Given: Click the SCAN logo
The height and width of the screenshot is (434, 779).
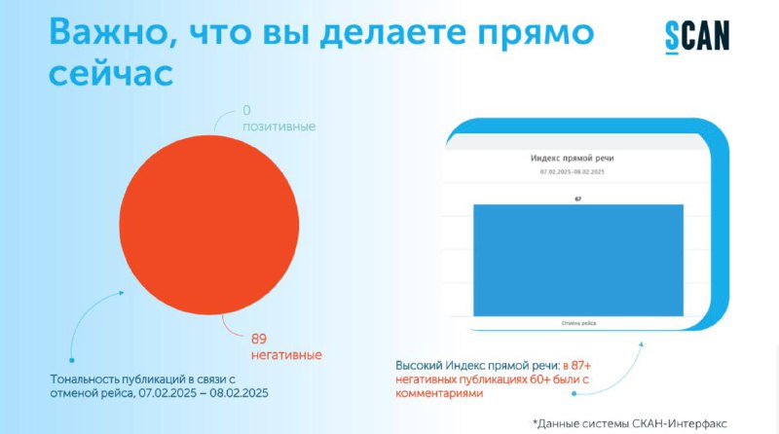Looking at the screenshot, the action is click(697, 37).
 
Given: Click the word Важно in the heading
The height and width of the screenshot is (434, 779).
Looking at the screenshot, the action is click(107, 33).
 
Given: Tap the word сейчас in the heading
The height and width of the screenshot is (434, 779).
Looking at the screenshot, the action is click(111, 75).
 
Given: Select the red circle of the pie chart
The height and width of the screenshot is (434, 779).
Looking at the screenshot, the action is click(209, 225).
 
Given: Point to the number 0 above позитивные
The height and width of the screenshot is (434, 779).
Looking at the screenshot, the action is click(246, 110).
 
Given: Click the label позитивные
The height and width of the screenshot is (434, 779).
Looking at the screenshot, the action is click(278, 127).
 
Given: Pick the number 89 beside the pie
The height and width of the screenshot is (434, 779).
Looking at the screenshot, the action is click(259, 339).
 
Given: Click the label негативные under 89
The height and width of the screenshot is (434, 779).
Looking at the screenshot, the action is click(286, 355).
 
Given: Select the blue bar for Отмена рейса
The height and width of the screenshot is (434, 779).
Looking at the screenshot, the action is click(578, 260).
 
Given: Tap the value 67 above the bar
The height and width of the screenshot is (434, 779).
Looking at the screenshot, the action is click(578, 199).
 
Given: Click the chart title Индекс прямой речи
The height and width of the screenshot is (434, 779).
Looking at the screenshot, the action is click(573, 159).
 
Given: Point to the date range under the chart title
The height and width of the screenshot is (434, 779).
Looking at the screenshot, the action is click(573, 172).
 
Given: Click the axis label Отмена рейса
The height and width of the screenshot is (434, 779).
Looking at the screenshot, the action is click(578, 323).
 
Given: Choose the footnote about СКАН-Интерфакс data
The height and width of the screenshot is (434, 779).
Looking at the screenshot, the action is click(630, 423).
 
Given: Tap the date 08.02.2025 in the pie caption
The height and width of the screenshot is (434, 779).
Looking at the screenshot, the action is click(239, 393).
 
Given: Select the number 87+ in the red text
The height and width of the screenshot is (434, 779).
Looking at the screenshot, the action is click(580, 366).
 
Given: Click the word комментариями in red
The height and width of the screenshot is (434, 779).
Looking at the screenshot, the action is click(439, 393).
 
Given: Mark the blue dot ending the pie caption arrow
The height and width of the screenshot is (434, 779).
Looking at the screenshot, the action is click(71, 360).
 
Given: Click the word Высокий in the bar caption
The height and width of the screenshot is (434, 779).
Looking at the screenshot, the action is click(419, 366).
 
